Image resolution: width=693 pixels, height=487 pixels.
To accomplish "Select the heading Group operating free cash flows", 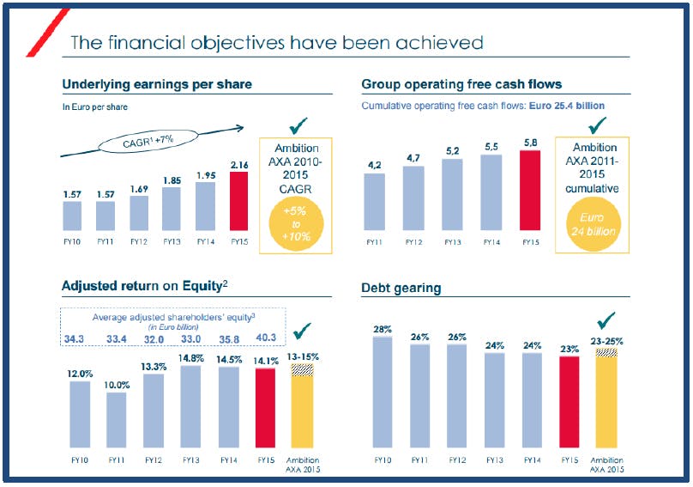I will pyautogui.click(x=461, y=84).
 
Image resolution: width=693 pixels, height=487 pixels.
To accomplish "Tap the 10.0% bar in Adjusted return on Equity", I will pyautogui.click(x=116, y=422).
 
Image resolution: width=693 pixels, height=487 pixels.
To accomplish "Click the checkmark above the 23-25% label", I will pyautogui.click(x=606, y=322).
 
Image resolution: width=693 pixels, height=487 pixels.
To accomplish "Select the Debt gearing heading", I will pyautogui.click(x=402, y=289).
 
